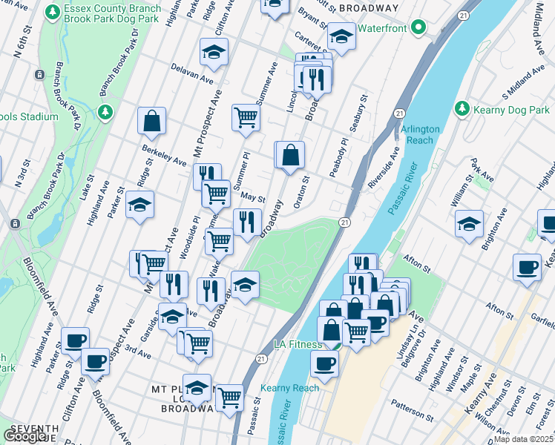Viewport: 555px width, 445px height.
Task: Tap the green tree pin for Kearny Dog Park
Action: (x=462, y=109)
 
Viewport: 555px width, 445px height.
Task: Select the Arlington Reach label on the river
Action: (x=421, y=134)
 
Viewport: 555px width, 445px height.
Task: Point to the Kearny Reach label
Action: (x=289, y=388)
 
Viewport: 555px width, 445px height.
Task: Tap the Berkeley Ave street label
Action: (x=164, y=154)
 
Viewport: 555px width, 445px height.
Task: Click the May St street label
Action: (x=253, y=197)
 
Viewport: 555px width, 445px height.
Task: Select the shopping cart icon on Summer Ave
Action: (x=246, y=117)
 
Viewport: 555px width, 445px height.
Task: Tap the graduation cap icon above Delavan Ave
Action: (x=214, y=53)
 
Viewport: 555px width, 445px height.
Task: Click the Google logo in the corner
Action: (x=25, y=436)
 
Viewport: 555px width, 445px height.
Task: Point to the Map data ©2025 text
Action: (x=524, y=439)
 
